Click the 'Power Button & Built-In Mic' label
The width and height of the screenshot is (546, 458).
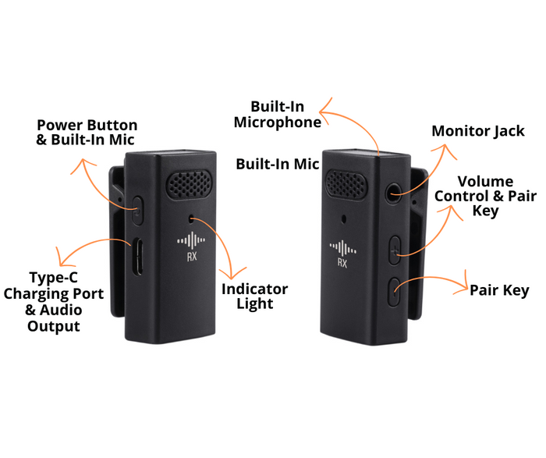(87, 133)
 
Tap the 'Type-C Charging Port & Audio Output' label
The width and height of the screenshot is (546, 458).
(54, 301)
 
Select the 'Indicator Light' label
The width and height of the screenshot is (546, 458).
(255, 296)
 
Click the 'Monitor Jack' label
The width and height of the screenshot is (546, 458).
(478, 131)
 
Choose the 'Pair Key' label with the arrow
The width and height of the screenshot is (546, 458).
(499, 290)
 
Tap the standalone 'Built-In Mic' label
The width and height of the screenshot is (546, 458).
(278, 164)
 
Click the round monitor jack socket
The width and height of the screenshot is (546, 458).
(392, 190)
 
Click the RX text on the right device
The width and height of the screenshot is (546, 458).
(342, 263)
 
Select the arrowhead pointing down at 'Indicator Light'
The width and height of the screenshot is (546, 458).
(229, 272)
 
